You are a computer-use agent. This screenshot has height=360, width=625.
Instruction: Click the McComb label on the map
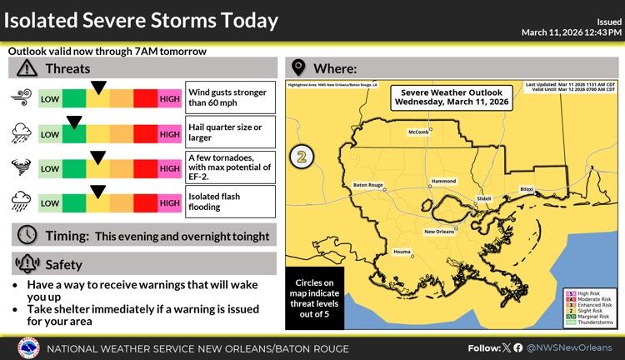tap(418, 132)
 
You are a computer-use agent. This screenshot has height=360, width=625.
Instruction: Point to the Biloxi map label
tap(526, 189)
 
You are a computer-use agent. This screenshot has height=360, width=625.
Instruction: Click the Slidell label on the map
tap(483, 198)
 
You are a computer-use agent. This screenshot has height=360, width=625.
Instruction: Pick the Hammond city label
tap(443, 181)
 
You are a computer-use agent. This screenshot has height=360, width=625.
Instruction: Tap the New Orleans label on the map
tap(440, 231)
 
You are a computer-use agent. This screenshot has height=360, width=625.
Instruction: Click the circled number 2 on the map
tap(302, 156)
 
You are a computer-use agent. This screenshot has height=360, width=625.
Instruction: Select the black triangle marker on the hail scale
tap(74, 122)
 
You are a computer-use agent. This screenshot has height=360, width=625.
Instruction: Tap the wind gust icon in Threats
tap(20, 100)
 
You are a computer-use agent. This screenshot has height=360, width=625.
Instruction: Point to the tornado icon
tap(20, 167)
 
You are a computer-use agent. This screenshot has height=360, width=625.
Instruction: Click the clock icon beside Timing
tap(26, 235)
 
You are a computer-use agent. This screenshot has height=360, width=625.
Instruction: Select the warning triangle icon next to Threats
tap(27, 68)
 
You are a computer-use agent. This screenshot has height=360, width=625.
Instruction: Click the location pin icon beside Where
tap(297, 68)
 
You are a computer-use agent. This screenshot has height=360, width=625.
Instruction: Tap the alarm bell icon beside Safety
tap(27, 264)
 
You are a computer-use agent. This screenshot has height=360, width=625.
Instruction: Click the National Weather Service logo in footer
tap(28, 347)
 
